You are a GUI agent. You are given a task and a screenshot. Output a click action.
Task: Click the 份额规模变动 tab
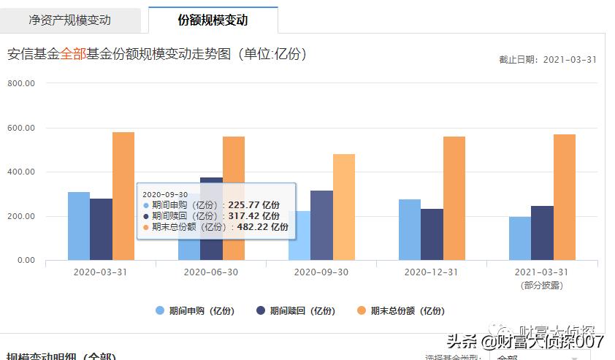(x=213, y=20)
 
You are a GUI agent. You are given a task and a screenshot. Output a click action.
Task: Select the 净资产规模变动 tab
(x=70, y=20)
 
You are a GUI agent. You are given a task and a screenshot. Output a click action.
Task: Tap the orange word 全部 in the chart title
(x=73, y=54)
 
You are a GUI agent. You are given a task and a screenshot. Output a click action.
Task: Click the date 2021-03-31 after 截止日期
(x=570, y=60)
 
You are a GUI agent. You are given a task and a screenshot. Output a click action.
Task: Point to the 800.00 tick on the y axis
(x=21, y=83)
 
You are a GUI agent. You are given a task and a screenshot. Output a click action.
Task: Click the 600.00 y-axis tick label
(x=21, y=128)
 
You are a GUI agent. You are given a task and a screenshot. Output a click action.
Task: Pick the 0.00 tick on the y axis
(x=26, y=260)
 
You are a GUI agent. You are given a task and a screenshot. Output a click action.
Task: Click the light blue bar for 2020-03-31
(x=79, y=226)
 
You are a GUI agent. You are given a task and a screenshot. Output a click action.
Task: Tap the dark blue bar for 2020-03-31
(x=101, y=229)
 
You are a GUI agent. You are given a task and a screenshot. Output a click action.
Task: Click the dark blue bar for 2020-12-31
(x=432, y=234)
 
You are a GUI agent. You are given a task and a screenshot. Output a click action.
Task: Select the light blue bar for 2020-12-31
(x=410, y=229)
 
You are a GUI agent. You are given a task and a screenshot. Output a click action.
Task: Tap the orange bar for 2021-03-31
(x=565, y=197)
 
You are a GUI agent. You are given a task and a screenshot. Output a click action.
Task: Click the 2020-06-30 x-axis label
(x=211, y=272)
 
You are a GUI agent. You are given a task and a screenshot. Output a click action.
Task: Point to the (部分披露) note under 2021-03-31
(x=542, y=286)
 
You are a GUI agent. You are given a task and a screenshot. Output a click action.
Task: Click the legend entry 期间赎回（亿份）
(x=296, y=310)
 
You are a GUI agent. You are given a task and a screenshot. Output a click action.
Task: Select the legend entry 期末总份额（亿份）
(x=400, y=310)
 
